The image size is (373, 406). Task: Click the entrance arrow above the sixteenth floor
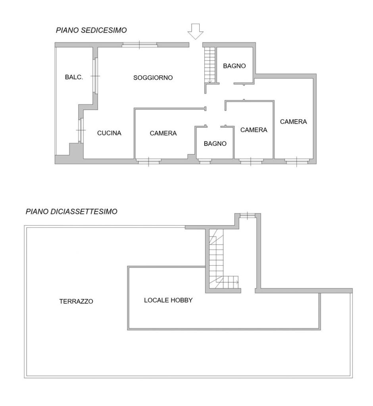point(196,31)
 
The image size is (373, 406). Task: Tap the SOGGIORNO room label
point(153,78)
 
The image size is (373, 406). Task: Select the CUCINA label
point(109,133)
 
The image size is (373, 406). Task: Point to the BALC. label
point(74,77)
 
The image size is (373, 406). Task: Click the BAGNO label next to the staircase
point(235,66)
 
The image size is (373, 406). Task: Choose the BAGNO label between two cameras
point(215,144)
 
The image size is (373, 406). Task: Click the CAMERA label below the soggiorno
point(163,133)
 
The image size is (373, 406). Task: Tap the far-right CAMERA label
point(293,122)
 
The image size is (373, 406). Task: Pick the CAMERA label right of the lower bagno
point(254,130)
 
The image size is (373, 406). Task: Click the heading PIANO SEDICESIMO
point(92,30)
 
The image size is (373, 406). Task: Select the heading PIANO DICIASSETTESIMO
point(71,212)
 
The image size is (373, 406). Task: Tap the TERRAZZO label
point(76,301)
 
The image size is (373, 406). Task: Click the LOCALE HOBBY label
point(169,301)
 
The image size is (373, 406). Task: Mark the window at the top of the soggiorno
point(140,45)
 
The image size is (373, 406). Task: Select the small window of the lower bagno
point(205,162)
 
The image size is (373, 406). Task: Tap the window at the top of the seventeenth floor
point(247,215)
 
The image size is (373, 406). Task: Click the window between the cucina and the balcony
point(81,130)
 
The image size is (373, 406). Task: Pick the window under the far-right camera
point(297,162)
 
